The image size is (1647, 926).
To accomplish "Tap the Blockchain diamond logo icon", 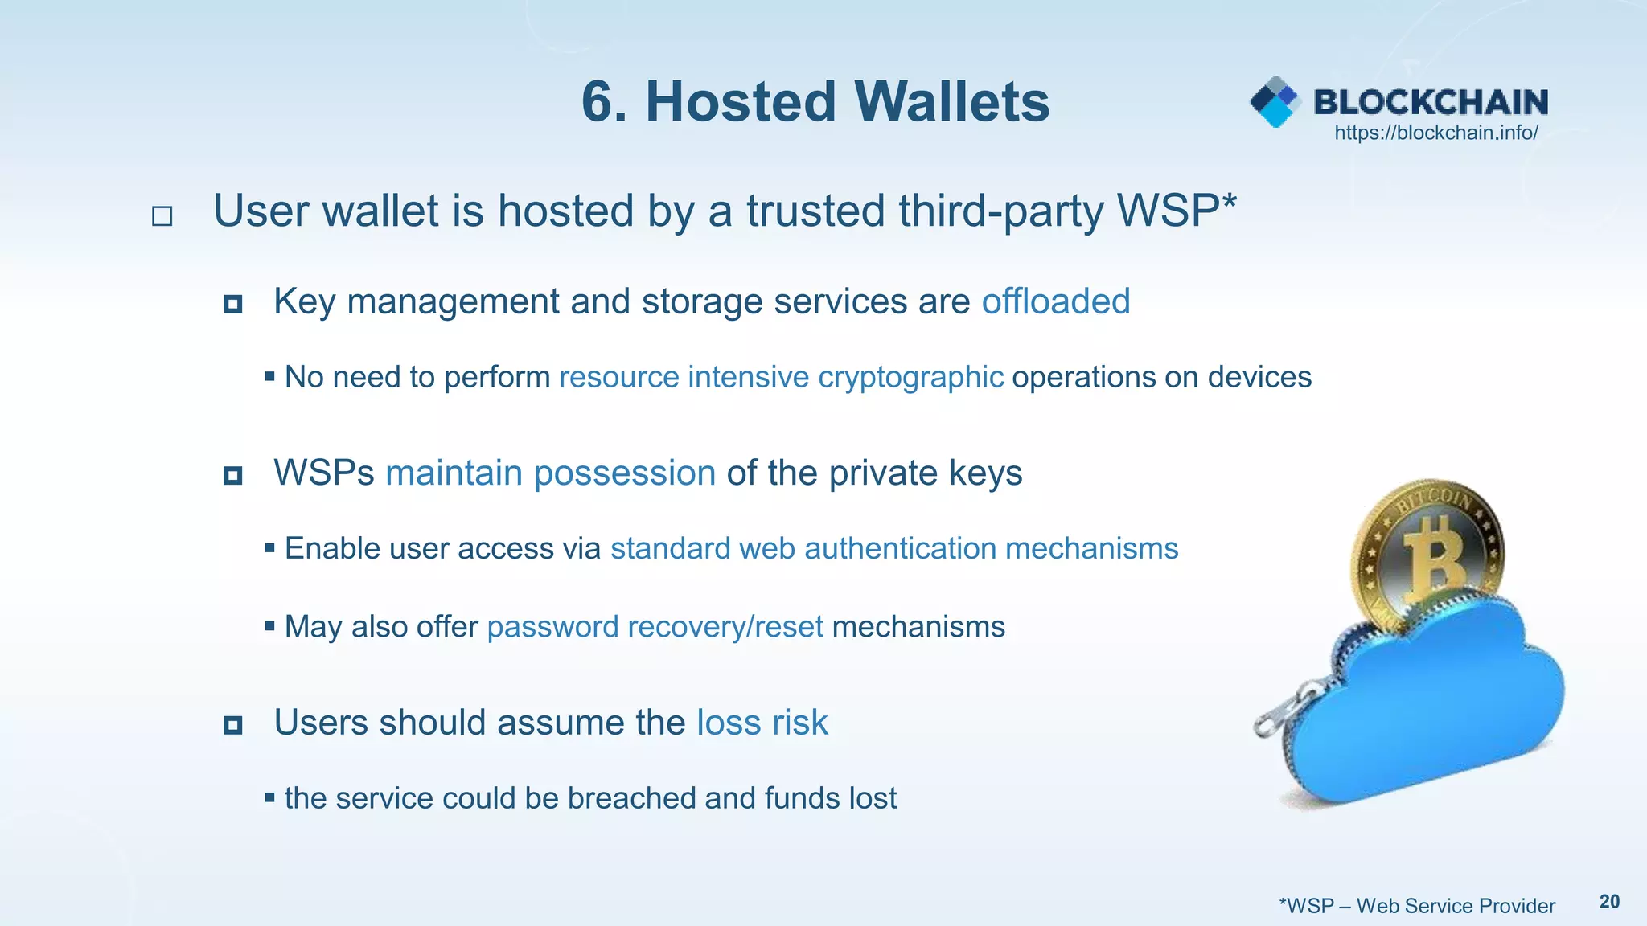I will [x=1275, y=102].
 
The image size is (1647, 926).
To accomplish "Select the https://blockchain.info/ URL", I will [x=1436, y=133].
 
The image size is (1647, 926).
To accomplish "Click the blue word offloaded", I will [x=1055, y=301].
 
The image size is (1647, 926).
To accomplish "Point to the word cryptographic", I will [x=910, y=377].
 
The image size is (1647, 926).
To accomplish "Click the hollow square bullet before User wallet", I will [x=162, y=215].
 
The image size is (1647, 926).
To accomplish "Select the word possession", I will [x=625, y=473].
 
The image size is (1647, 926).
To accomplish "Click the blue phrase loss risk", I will [x=762, y=723].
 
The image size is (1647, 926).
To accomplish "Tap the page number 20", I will [x=1609, y=902].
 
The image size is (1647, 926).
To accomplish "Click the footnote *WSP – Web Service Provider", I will [x=1417, y=906].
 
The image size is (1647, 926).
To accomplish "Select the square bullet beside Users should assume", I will [x=233, y=725].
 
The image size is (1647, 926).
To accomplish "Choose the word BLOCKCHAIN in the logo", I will [x=1431, y=102].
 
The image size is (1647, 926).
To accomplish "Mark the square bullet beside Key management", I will [x=233, y=304].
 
